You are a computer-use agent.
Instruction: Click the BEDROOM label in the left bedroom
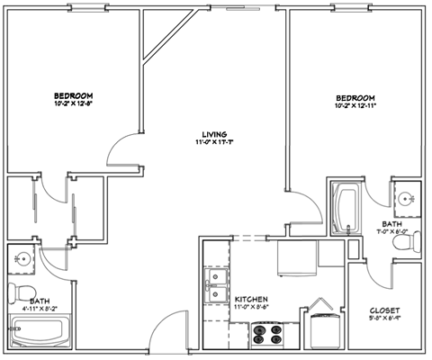coord(73,94)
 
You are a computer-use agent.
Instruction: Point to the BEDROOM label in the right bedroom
coord(355,97)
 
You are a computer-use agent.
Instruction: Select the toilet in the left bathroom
coord(21,292)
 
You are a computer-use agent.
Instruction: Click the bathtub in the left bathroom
coord(40,334)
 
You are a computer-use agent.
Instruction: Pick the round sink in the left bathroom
coord(23,261)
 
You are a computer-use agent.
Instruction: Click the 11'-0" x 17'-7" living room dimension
coord(214,141)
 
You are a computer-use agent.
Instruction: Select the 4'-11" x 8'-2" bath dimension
coord(40,309)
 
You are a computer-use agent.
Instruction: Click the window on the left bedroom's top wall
coord(85,8)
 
